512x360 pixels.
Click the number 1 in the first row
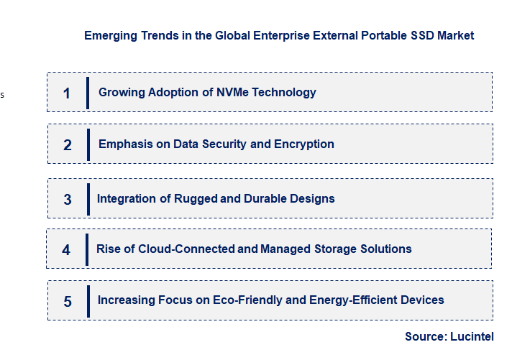tap(67, 93)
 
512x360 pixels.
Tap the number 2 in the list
tap(68, 145)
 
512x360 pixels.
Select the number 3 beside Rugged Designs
tap(68, 200)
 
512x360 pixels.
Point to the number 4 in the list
tap(66, 250)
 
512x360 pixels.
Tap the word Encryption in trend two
tap(305, 144)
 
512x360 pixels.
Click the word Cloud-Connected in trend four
tap(193, 249)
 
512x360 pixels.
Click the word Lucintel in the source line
tap(472, 336)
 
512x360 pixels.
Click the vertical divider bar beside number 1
tap(88, 93)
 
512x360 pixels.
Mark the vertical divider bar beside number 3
tap(88, 198)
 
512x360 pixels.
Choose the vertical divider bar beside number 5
tap(88, 300)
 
